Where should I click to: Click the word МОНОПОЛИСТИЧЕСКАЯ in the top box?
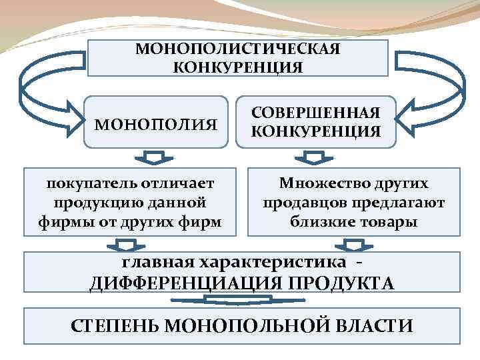point(238,50)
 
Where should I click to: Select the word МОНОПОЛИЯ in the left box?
point(156,124)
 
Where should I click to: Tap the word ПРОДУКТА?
point(341,283)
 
